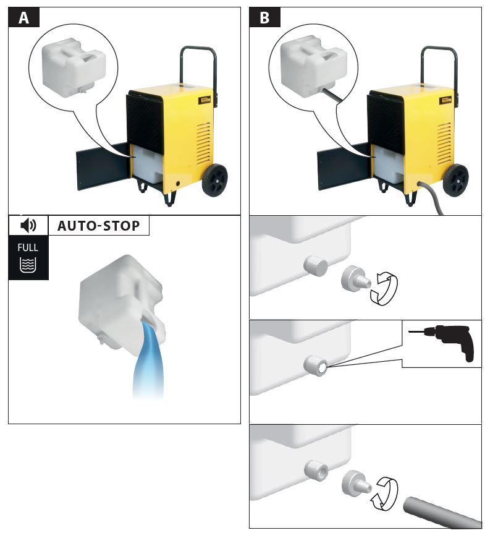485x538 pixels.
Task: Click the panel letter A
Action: pyautogui.click(x=23, y=18)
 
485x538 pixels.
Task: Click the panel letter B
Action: pyautogui.click(x=264, y=18)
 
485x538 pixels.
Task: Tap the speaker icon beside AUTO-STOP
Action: pyautogui.click(x=28, y=226)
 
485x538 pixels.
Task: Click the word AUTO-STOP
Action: pyautogui.click(x=99, y=226)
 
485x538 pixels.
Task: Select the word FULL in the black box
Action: pyautogui.click(x=28, y=247)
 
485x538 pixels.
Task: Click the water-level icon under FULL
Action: pyautogui.click(x=28, y=265)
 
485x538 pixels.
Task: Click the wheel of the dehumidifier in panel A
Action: pyautogui.click(x=215, y=180)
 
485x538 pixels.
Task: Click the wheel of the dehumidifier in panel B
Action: pyautogui.click(x=456, y=180)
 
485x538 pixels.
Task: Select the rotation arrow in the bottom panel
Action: pyautogui.click(x=384, y=493)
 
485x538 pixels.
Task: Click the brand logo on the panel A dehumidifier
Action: pyautogui.click(x=205, y=100)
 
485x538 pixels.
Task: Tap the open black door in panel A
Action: pyautogui.click(x=103, y=166)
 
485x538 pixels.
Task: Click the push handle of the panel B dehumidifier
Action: pyautogui.click(x=439, y=69)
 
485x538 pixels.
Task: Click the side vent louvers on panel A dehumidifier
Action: pyautogui.click(x=204, y=143)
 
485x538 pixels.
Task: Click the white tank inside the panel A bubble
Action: pyautogui.click(x=74, y=67)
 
